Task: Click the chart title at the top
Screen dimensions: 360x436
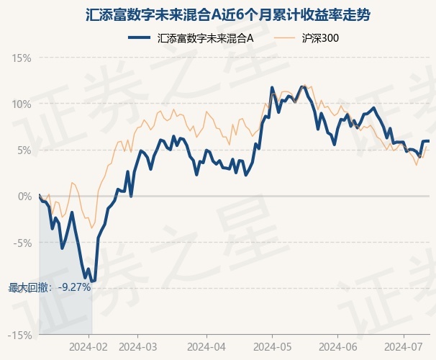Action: [217, 14]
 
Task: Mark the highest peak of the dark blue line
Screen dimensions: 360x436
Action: [272, 88]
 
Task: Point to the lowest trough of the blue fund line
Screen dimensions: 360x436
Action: [91, 282]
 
